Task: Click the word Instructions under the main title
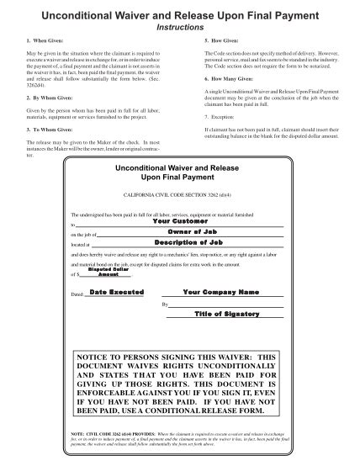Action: point(179,27)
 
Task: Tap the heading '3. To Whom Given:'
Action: point(42,131)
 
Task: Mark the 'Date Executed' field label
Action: point(114,292)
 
